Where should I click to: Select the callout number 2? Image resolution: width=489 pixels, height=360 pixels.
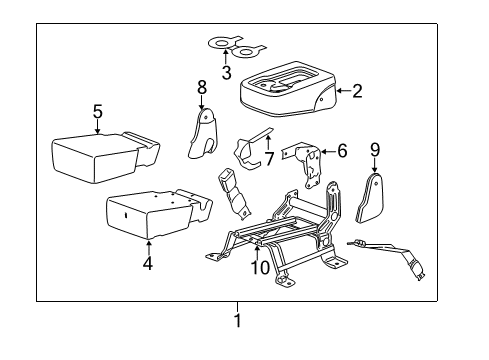357,91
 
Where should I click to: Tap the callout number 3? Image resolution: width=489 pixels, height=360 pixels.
226,72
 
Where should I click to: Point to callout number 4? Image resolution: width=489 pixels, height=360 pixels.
147,264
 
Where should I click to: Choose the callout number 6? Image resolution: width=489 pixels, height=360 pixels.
341,151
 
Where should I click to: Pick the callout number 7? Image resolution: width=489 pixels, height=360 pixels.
268,159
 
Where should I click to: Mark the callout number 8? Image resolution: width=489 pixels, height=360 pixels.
201,87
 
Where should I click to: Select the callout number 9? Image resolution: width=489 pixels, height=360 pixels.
375,151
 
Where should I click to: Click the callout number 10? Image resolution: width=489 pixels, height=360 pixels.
259,268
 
